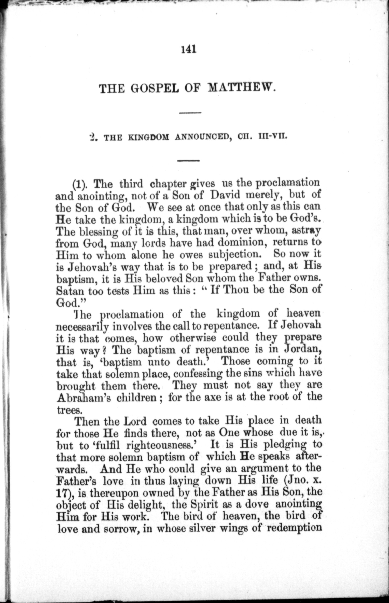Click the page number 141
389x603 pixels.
[x=189, y=49]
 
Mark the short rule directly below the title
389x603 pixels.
[x=190, y=113]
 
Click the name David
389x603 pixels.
[x=226, y=195]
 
